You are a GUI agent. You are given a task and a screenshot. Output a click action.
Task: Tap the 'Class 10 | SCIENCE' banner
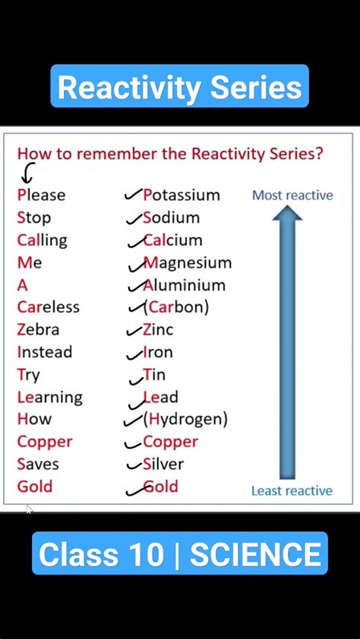click(180, 554)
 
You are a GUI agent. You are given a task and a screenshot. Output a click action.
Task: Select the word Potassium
click(182, 195)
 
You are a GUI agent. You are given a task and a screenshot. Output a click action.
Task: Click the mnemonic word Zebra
click(38, 329)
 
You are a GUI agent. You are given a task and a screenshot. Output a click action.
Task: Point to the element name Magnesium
click(188, 263)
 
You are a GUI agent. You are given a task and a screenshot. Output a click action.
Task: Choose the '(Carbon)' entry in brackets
click(175, 307)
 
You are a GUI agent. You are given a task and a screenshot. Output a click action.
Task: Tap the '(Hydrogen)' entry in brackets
click(185, 419)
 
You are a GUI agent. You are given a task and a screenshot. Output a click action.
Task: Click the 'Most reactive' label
click(292, 195)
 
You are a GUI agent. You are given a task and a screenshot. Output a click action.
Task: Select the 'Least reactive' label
click(292, 491)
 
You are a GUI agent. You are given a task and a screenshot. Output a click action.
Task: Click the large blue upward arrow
click(287, 342)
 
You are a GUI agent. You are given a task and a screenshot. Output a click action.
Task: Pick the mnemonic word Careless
click(49, 307)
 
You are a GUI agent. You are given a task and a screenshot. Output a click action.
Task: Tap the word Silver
click(163, 464)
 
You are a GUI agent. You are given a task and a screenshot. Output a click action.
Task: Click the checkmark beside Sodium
click(134, 218)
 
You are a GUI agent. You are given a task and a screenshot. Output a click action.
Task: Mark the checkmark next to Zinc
click(134, 330)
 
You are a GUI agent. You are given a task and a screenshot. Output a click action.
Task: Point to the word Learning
click(50, 397)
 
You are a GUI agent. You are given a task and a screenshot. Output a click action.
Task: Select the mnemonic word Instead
click(45, 352)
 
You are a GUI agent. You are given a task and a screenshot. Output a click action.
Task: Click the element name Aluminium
click(185, 285)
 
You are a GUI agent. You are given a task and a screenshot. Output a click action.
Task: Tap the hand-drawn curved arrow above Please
click(28, 175)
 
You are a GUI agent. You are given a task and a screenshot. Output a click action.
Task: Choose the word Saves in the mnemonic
click(38, 464)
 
